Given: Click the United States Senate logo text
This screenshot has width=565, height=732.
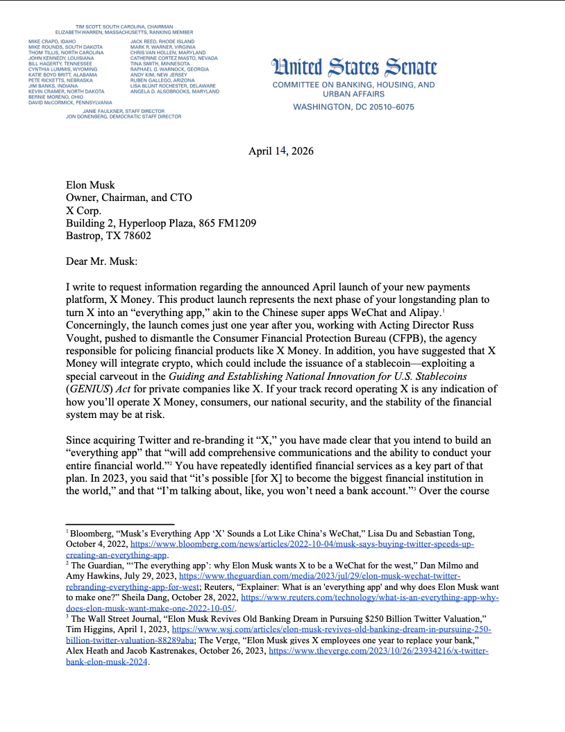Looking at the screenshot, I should tap(355, 67).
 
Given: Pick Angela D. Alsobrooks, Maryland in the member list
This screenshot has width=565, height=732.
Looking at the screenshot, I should tap(174, 91).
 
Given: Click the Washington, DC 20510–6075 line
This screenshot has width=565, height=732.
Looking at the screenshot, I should tap(353, 107).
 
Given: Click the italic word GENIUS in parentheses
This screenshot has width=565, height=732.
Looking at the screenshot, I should tap(86, 390).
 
